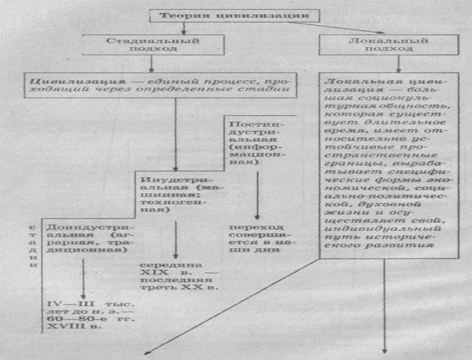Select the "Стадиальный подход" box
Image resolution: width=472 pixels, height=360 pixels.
point(143,44)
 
